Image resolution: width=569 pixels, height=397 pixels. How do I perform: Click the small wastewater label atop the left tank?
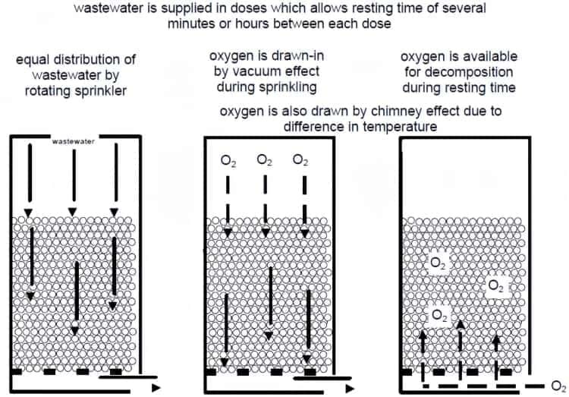pos(74,141)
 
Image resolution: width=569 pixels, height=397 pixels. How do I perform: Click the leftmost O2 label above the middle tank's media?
pos(228,160)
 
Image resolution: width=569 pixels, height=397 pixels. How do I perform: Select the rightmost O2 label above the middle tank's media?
pos(300,160)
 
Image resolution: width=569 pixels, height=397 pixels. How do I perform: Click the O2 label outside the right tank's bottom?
pos(559,386)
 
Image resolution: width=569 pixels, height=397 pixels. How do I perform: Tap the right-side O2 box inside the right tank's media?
pos(496,286)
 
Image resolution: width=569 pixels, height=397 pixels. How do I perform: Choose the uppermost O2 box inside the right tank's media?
pos(437,263)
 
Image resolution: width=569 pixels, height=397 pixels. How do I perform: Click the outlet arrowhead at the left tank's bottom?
pos(156,388)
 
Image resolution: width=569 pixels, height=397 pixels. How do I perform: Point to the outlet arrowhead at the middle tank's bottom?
pos(350,389)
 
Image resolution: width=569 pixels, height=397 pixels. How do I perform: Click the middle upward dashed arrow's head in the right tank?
pos(461,324)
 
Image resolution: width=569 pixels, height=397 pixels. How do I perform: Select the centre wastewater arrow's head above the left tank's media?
pos(73,212)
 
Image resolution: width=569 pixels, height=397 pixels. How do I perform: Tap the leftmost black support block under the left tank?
pos(17,372)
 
